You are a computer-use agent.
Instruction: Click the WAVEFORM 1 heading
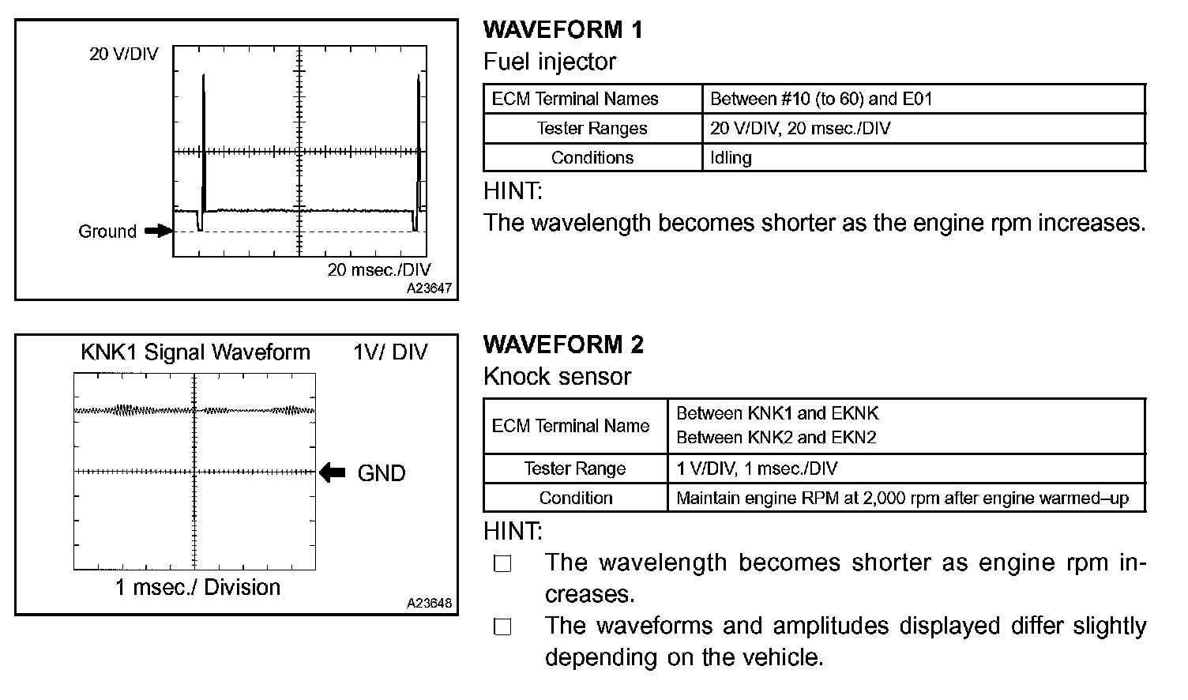pyautogui.click(x=562, y=30)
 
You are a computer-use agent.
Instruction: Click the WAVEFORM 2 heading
pyautogui.click(x=563, y=344)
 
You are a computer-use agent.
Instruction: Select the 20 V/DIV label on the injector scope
pyautogui.click(x=123, y=54)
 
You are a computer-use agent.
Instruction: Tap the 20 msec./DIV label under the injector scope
pyautogui.click(x=379, y=270)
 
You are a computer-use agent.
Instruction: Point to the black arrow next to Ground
pyautogui.click(x=158, y=231)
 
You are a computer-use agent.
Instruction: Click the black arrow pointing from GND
pyautogui.click(x=333, y=472)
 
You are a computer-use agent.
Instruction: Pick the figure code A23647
pyautogui.click(x=429, y=288)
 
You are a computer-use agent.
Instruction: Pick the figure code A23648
pyautogui.click(x=429, y=603)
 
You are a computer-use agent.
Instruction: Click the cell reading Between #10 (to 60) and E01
pyautogui.click(x=821, y=99)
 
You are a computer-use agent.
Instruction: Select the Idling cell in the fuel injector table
pyautogui.click(x=731, y=157)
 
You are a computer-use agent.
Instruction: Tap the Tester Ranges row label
pyautogui.click(x=592, y=128)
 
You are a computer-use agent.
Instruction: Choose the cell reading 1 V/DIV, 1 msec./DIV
pyautogui.click(x=757, y=469)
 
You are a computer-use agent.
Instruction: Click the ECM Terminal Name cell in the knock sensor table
pyautogui.click(x=570, y=426)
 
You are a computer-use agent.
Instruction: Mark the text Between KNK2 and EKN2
pyautogui.click(x=776, y=438)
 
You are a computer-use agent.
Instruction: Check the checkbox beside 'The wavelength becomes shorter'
pyautogui.click(x=502, y=564)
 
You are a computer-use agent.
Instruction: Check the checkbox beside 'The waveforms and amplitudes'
pyautogui.click(x=502, y=627)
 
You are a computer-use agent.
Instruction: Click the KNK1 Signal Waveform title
pyautogui.click(x=195, y=352)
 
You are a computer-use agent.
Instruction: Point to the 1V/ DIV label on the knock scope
pyautogui.click(x=390, y=352)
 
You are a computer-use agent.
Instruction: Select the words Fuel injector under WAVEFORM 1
pyautogui.click(x=549, y=62)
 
